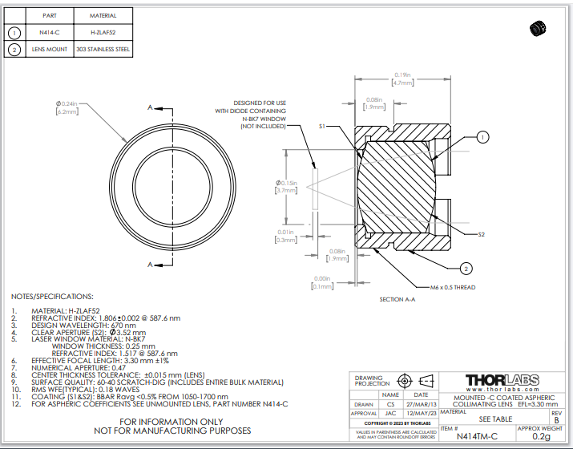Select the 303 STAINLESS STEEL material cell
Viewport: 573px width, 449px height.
point(102,50)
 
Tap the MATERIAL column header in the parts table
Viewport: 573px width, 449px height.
point(102,16)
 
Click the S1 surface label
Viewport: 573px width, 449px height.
point(322,127)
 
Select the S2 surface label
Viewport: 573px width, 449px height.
point(481,234)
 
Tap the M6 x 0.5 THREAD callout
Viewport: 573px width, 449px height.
point(453,286)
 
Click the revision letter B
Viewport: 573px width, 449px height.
point(557,419)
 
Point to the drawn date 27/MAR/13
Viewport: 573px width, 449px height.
point(420,405)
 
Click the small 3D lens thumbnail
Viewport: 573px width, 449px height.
point(537,29)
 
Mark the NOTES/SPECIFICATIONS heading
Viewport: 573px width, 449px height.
point(52,297)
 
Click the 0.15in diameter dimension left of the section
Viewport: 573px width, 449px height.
point(286,187)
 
